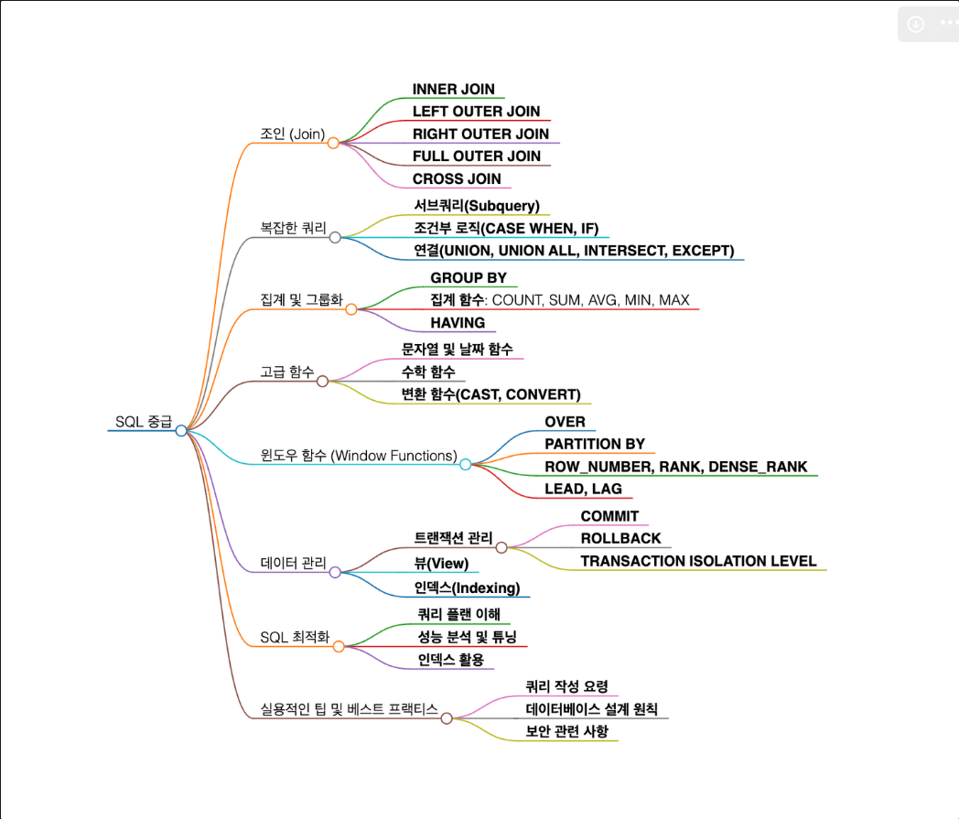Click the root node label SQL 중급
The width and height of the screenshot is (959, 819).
(143, 422)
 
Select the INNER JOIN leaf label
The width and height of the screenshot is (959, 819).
(453, 90)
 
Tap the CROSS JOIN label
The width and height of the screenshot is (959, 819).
(457, 178)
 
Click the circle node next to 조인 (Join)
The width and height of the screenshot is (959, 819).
(333, 143)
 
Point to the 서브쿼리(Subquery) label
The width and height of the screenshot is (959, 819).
(476, 206)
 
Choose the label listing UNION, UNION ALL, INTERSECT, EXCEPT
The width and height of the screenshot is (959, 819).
(574, 251)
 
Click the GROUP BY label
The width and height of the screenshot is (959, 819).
(469, 278)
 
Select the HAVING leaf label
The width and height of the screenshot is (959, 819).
(458, 323)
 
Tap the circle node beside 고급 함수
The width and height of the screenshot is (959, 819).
(322, 381)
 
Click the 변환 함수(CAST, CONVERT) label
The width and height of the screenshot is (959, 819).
(490, 394)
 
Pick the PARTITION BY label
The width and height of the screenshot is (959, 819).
(595, 444)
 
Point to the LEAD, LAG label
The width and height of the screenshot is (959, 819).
(583, 489)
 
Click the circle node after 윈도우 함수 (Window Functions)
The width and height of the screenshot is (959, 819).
(465, 465)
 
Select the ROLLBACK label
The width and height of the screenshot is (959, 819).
(620, 538)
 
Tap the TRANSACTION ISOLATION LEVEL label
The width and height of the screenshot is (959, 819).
(698, 561)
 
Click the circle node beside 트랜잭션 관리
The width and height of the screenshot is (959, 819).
(501, 547)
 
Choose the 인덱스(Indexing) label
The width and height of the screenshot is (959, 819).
(467, 587)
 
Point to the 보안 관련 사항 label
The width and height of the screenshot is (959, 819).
(566, 731)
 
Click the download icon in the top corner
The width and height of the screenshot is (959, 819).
(915, 24)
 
